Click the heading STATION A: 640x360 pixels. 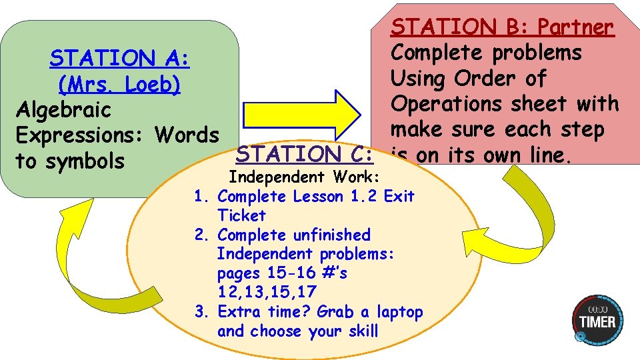click(x=119, y=59)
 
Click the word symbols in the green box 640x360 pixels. click(x=83, y=161)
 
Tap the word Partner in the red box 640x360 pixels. click(x=575, y=27)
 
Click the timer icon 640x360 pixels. click(x=598, y=320)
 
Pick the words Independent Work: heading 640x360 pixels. click(x=304, y=177)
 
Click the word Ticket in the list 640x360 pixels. click(x=241, y=215)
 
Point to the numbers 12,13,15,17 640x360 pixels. click(x=267, y=292)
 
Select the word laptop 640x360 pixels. click(x=399, y=311)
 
